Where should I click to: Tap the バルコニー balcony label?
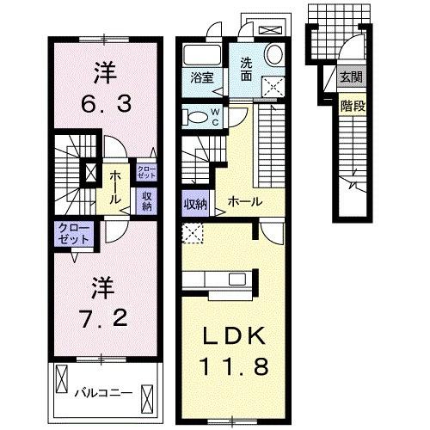(x=101, y=392)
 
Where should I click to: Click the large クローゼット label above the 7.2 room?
(x=71, y=234)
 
